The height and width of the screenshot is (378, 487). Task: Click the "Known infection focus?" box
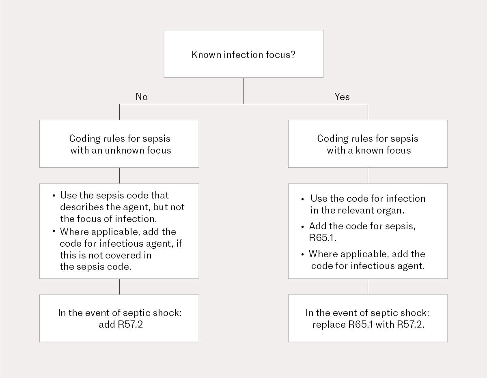[x=243, y=54]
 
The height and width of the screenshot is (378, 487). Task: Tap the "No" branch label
[x=142, y=97]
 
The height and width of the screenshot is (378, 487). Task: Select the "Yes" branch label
[x=342, y=97]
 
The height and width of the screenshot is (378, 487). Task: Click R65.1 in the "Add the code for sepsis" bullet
[x=323, y=237]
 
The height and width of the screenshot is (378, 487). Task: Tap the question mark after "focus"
[x=293, y=54]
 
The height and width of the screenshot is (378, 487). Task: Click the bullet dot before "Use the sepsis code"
[x=54, y=195]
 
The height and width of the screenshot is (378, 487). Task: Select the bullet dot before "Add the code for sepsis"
[x=302, y=226]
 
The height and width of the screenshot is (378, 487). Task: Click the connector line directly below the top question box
[x=243, y=90]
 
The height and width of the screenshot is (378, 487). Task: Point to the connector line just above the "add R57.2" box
[x=119, y=286]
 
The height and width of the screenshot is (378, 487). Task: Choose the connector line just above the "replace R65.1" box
[x=368, y=286]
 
